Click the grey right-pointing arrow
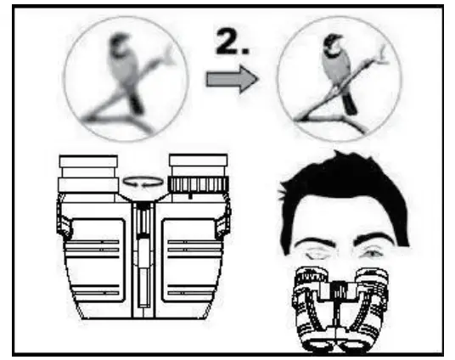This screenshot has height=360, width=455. (x=232, y=79)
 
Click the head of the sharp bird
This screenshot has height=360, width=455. (x=333, y=43)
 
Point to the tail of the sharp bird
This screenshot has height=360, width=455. (x=350, y=104)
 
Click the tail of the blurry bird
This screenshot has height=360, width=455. (x=136, y=102)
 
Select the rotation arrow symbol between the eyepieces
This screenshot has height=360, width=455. (x=143, y=182)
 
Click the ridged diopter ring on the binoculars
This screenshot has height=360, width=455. (x=198, y=184)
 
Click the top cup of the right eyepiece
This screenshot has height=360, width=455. (x=198, y=160)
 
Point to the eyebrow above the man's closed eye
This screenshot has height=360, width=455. (x=314, y=242)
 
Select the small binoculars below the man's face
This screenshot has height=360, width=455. (x=340, y=310)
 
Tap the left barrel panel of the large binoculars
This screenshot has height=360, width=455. (x=98, y=260)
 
